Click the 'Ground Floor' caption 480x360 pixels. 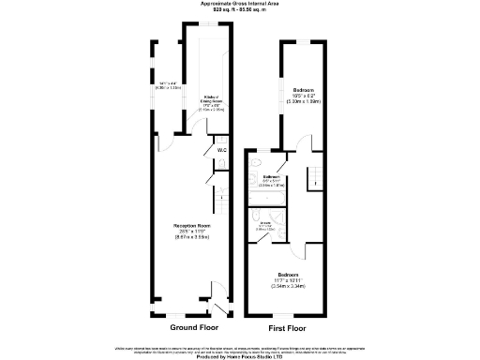tap(195, 328)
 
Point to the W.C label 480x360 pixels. tap(221, 150)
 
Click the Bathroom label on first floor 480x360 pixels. tap(273, 176)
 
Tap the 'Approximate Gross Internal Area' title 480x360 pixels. tap(240, 3)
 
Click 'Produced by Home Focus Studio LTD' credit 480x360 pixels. tap(240, 355)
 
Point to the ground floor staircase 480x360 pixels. tap(222, 197)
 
